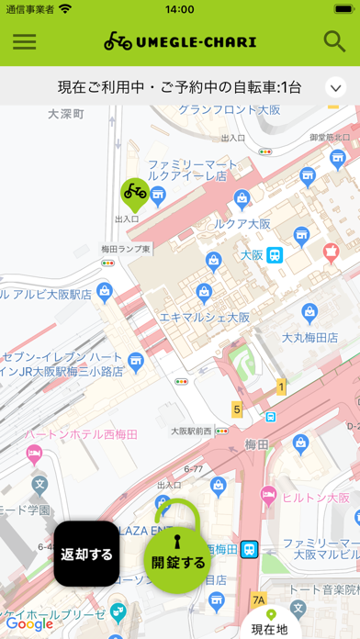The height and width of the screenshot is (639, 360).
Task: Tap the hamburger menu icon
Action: tap(25, 41)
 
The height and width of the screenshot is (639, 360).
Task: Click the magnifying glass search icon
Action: tap(334, 41)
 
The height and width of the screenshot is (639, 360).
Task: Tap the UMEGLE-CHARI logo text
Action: tap(180, 42)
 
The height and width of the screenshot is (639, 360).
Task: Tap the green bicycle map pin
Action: tap(135, 193)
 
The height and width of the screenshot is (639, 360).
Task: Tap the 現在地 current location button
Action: tap(270, 622)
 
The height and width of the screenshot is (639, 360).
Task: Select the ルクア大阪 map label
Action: tap(242, 223)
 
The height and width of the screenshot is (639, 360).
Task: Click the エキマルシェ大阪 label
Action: tap(205, 317)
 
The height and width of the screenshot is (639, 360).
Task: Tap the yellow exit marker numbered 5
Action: tap(237, 409)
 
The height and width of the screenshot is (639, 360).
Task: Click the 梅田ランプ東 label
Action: tap(126, 249)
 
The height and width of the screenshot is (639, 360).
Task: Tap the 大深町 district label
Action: tap(65, 115)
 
